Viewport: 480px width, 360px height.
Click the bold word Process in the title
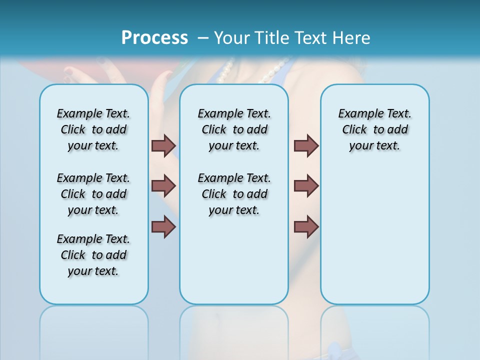click(154, 38)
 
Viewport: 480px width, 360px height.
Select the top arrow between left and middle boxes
click(163, 146)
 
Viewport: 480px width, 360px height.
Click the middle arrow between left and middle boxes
click(163, 186)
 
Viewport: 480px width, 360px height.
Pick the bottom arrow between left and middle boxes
click(163, 227)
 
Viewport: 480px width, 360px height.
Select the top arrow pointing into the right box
click(306, 146)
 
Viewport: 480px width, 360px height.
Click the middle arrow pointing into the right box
click(306, 186)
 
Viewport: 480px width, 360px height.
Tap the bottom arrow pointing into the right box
click(306, 227)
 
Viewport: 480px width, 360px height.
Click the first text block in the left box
click(93, 129)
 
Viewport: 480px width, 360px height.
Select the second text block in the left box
click(93, 194)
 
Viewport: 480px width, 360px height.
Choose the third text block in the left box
click(93, 255)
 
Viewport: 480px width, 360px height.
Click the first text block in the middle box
click(234, 129)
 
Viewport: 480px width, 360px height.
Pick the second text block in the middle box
click(234, 194)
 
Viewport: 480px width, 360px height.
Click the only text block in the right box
click(375, 129)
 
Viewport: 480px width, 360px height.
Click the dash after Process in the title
click(203, 38)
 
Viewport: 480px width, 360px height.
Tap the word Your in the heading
click(232, 38)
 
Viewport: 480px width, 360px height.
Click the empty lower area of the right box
click(375, 240)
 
